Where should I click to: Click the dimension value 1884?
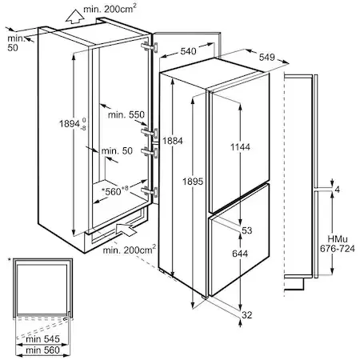click(173, 141)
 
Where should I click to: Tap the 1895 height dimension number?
click(193, 182)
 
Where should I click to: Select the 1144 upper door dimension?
click(240, 147)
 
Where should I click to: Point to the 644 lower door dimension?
click(240, 254)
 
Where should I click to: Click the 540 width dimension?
click(188, 51)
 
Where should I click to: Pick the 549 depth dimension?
click(267, 57)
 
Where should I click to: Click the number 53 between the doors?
click(247, 230)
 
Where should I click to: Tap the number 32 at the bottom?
click(247, 315)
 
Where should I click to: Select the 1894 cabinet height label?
click(73, 124)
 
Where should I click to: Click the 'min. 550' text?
click(126, 115)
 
